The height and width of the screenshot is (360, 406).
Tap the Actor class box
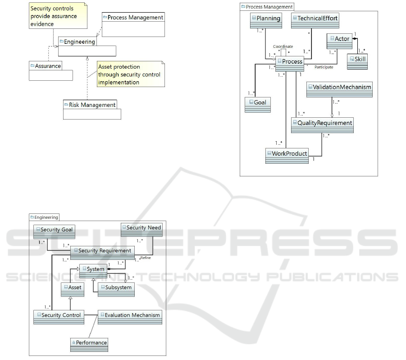(339, 41)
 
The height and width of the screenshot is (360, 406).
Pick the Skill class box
(358, 62)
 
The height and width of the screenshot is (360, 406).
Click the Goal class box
(258, 105)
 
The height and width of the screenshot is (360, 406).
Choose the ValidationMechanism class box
(339, 89)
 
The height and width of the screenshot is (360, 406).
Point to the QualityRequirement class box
(322, 125)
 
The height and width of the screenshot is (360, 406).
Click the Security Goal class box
(54, 232)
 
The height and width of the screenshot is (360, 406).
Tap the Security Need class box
(141, 230)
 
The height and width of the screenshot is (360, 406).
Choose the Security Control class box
(58, 317)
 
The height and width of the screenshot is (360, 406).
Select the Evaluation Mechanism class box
(129, 317)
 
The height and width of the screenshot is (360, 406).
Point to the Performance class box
(89, 345)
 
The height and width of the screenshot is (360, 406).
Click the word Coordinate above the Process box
(283, 46)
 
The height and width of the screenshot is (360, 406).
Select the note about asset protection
(129, 74)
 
